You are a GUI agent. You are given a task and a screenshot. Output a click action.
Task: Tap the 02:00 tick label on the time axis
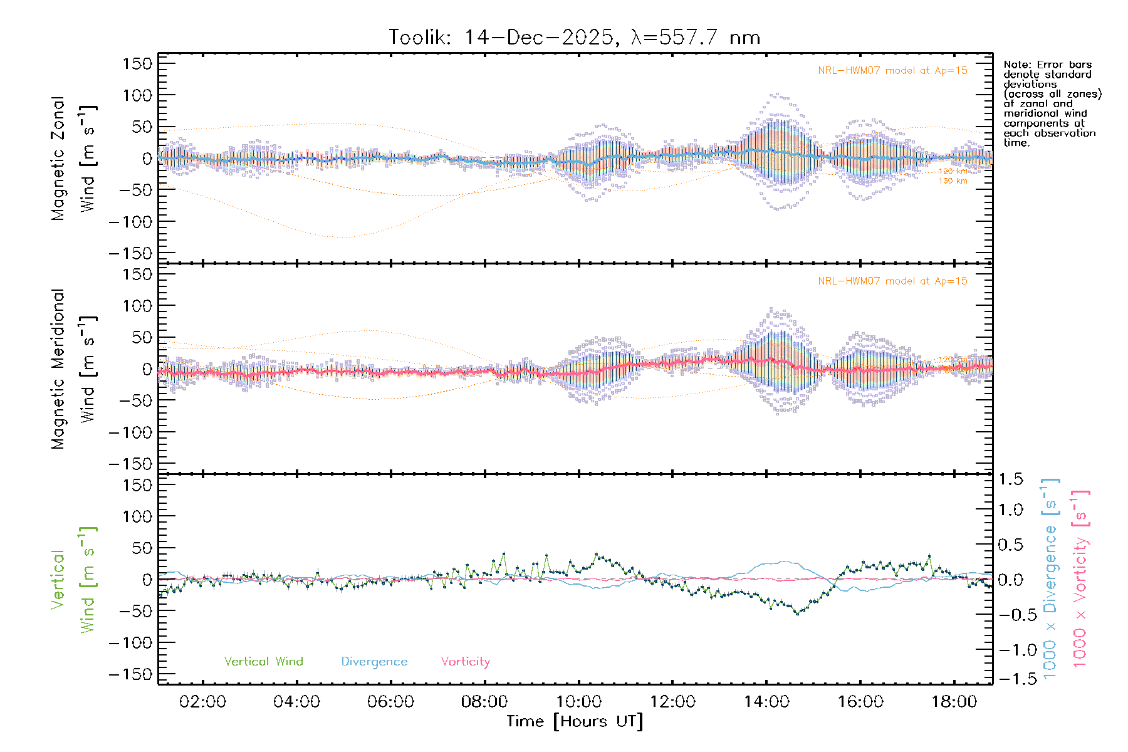coord(202,702)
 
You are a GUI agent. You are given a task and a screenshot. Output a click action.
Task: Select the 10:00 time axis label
coord(578,702)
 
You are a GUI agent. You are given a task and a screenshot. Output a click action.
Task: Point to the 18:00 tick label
coord(954,702)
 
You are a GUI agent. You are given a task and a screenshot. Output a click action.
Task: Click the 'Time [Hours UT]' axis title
coord(575,722)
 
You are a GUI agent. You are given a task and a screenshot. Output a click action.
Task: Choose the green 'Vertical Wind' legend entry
coord(263,662)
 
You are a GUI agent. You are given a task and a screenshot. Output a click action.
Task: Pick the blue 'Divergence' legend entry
coord(374,662)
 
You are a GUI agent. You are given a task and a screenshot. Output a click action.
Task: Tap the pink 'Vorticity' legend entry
coord(465,662)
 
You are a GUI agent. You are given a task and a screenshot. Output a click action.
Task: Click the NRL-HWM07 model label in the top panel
coord(892,71)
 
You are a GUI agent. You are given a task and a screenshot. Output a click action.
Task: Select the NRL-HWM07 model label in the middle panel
coord(892,281)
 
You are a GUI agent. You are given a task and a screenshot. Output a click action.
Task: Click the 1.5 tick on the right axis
coord(1010,479)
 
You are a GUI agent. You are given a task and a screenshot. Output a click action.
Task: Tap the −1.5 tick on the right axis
coord(1010,678)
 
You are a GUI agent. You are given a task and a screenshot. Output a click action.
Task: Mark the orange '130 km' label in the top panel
coord(953,181)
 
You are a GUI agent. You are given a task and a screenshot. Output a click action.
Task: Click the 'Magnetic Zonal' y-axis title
coord(58,159)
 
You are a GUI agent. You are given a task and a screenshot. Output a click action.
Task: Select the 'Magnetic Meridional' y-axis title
coord(58,369)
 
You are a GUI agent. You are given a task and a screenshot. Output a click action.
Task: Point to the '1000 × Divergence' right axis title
coord(1050,579)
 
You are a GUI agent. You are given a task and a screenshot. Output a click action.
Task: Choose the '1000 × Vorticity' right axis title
coord(1080,579)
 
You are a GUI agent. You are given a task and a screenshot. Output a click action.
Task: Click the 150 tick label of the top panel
coord(137,64)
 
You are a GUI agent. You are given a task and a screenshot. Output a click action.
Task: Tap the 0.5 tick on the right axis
coord(1010,545)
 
